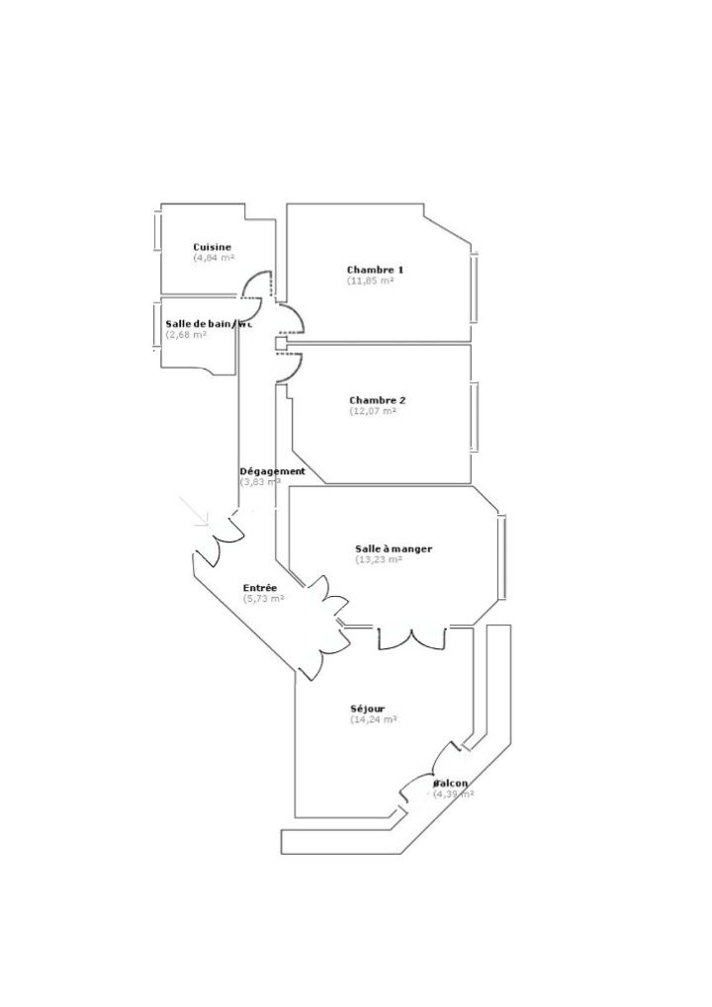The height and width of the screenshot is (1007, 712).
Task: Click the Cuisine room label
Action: point(213,247)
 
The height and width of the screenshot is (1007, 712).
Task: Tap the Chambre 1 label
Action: point(375,270)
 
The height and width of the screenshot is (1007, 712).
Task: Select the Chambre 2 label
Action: point(378,400)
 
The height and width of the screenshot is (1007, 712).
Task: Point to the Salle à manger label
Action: point(394,548)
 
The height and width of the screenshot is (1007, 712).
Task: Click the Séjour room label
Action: point(367,709)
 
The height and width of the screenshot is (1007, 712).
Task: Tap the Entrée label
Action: point(260,588)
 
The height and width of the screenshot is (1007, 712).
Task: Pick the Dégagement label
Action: point(272,471)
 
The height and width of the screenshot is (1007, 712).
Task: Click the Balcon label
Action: point(451,784)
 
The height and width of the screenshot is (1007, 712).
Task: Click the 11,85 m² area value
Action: point(371,282)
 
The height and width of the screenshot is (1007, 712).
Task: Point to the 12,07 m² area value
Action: point(373,412)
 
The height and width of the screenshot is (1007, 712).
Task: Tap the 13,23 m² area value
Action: point(379,559)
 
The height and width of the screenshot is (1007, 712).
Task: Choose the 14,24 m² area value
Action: point(374,720)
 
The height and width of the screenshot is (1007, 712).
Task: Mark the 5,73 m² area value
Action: point(264,599)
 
